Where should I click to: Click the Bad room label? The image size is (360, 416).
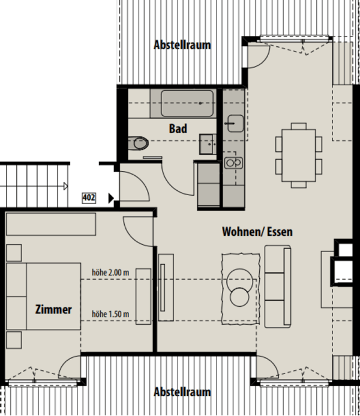(x=178, y=128)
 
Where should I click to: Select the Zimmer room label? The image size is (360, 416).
(x=53, y=310)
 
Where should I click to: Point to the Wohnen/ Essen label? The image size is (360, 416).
(x=257, y=231)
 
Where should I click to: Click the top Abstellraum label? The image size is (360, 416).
(x=182, y=45)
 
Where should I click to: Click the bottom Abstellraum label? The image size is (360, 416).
(x=182, y=392)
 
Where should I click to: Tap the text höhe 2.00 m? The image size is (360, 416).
(x=110, y=271)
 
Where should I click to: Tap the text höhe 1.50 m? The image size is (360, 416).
(x=110, y=313)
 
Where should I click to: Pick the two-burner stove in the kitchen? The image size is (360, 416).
(x=232, y=162)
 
